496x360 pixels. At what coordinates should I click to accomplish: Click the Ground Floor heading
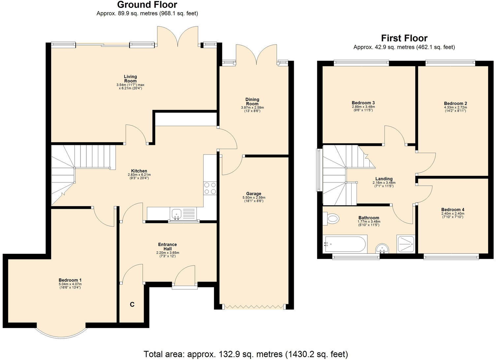click(147, 5)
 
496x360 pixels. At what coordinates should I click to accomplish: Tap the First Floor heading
click(404, 38)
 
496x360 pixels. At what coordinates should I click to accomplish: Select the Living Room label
click(130, 79)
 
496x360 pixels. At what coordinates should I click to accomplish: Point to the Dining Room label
click(252, 101)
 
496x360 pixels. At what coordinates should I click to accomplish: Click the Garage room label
click(253, 194)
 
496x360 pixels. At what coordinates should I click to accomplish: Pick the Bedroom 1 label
click(70, 280)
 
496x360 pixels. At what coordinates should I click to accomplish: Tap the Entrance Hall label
click(167, 246)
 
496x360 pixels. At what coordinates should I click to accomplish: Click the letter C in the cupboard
click(132, 305)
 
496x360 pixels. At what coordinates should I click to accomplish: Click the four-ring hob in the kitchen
click(210, 188)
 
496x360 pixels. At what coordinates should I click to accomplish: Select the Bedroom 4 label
click(452, 210)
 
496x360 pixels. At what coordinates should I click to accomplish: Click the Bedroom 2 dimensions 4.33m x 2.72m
click(455, 107)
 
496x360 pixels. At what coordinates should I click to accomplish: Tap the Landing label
click(384, 179)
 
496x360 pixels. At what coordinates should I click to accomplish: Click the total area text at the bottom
click(246, 354)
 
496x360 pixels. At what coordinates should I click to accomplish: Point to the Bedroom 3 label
click(363, 103)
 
